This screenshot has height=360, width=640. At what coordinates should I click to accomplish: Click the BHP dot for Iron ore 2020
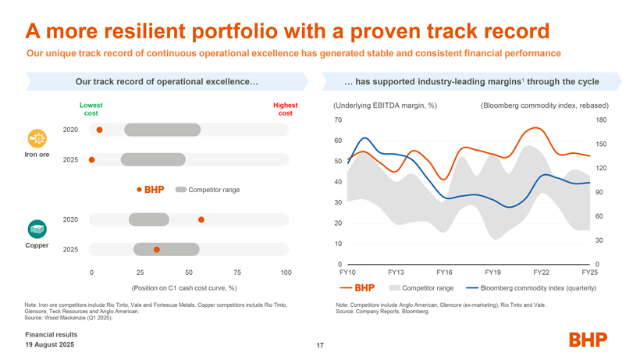point(100,130)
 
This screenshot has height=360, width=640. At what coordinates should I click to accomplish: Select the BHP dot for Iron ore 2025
point(92,160)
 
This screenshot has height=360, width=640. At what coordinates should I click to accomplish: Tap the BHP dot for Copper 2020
point(201,220)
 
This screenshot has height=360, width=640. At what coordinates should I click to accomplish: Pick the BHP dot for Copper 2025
point(157,249)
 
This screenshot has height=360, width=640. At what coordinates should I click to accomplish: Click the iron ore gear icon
point(37,137)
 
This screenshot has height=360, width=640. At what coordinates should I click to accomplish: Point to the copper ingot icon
point(37,228)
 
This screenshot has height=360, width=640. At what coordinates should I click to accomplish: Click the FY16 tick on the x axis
point(444,272)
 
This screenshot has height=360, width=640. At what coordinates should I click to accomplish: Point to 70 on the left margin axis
point(337,119)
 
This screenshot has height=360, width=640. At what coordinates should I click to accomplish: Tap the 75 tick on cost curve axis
point(237,273)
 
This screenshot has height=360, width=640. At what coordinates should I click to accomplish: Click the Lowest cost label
point(91,109)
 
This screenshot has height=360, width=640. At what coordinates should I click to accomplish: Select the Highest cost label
point(285,109)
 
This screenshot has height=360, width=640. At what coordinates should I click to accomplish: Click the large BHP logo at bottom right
point(588,339)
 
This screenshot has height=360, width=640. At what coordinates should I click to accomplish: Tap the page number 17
point(320,346)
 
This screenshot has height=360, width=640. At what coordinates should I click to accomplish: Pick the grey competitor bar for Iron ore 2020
point(162,130)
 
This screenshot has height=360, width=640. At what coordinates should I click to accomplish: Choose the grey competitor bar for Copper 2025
point(166,249)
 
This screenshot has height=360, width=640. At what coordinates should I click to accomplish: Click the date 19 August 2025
point(50,344)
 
